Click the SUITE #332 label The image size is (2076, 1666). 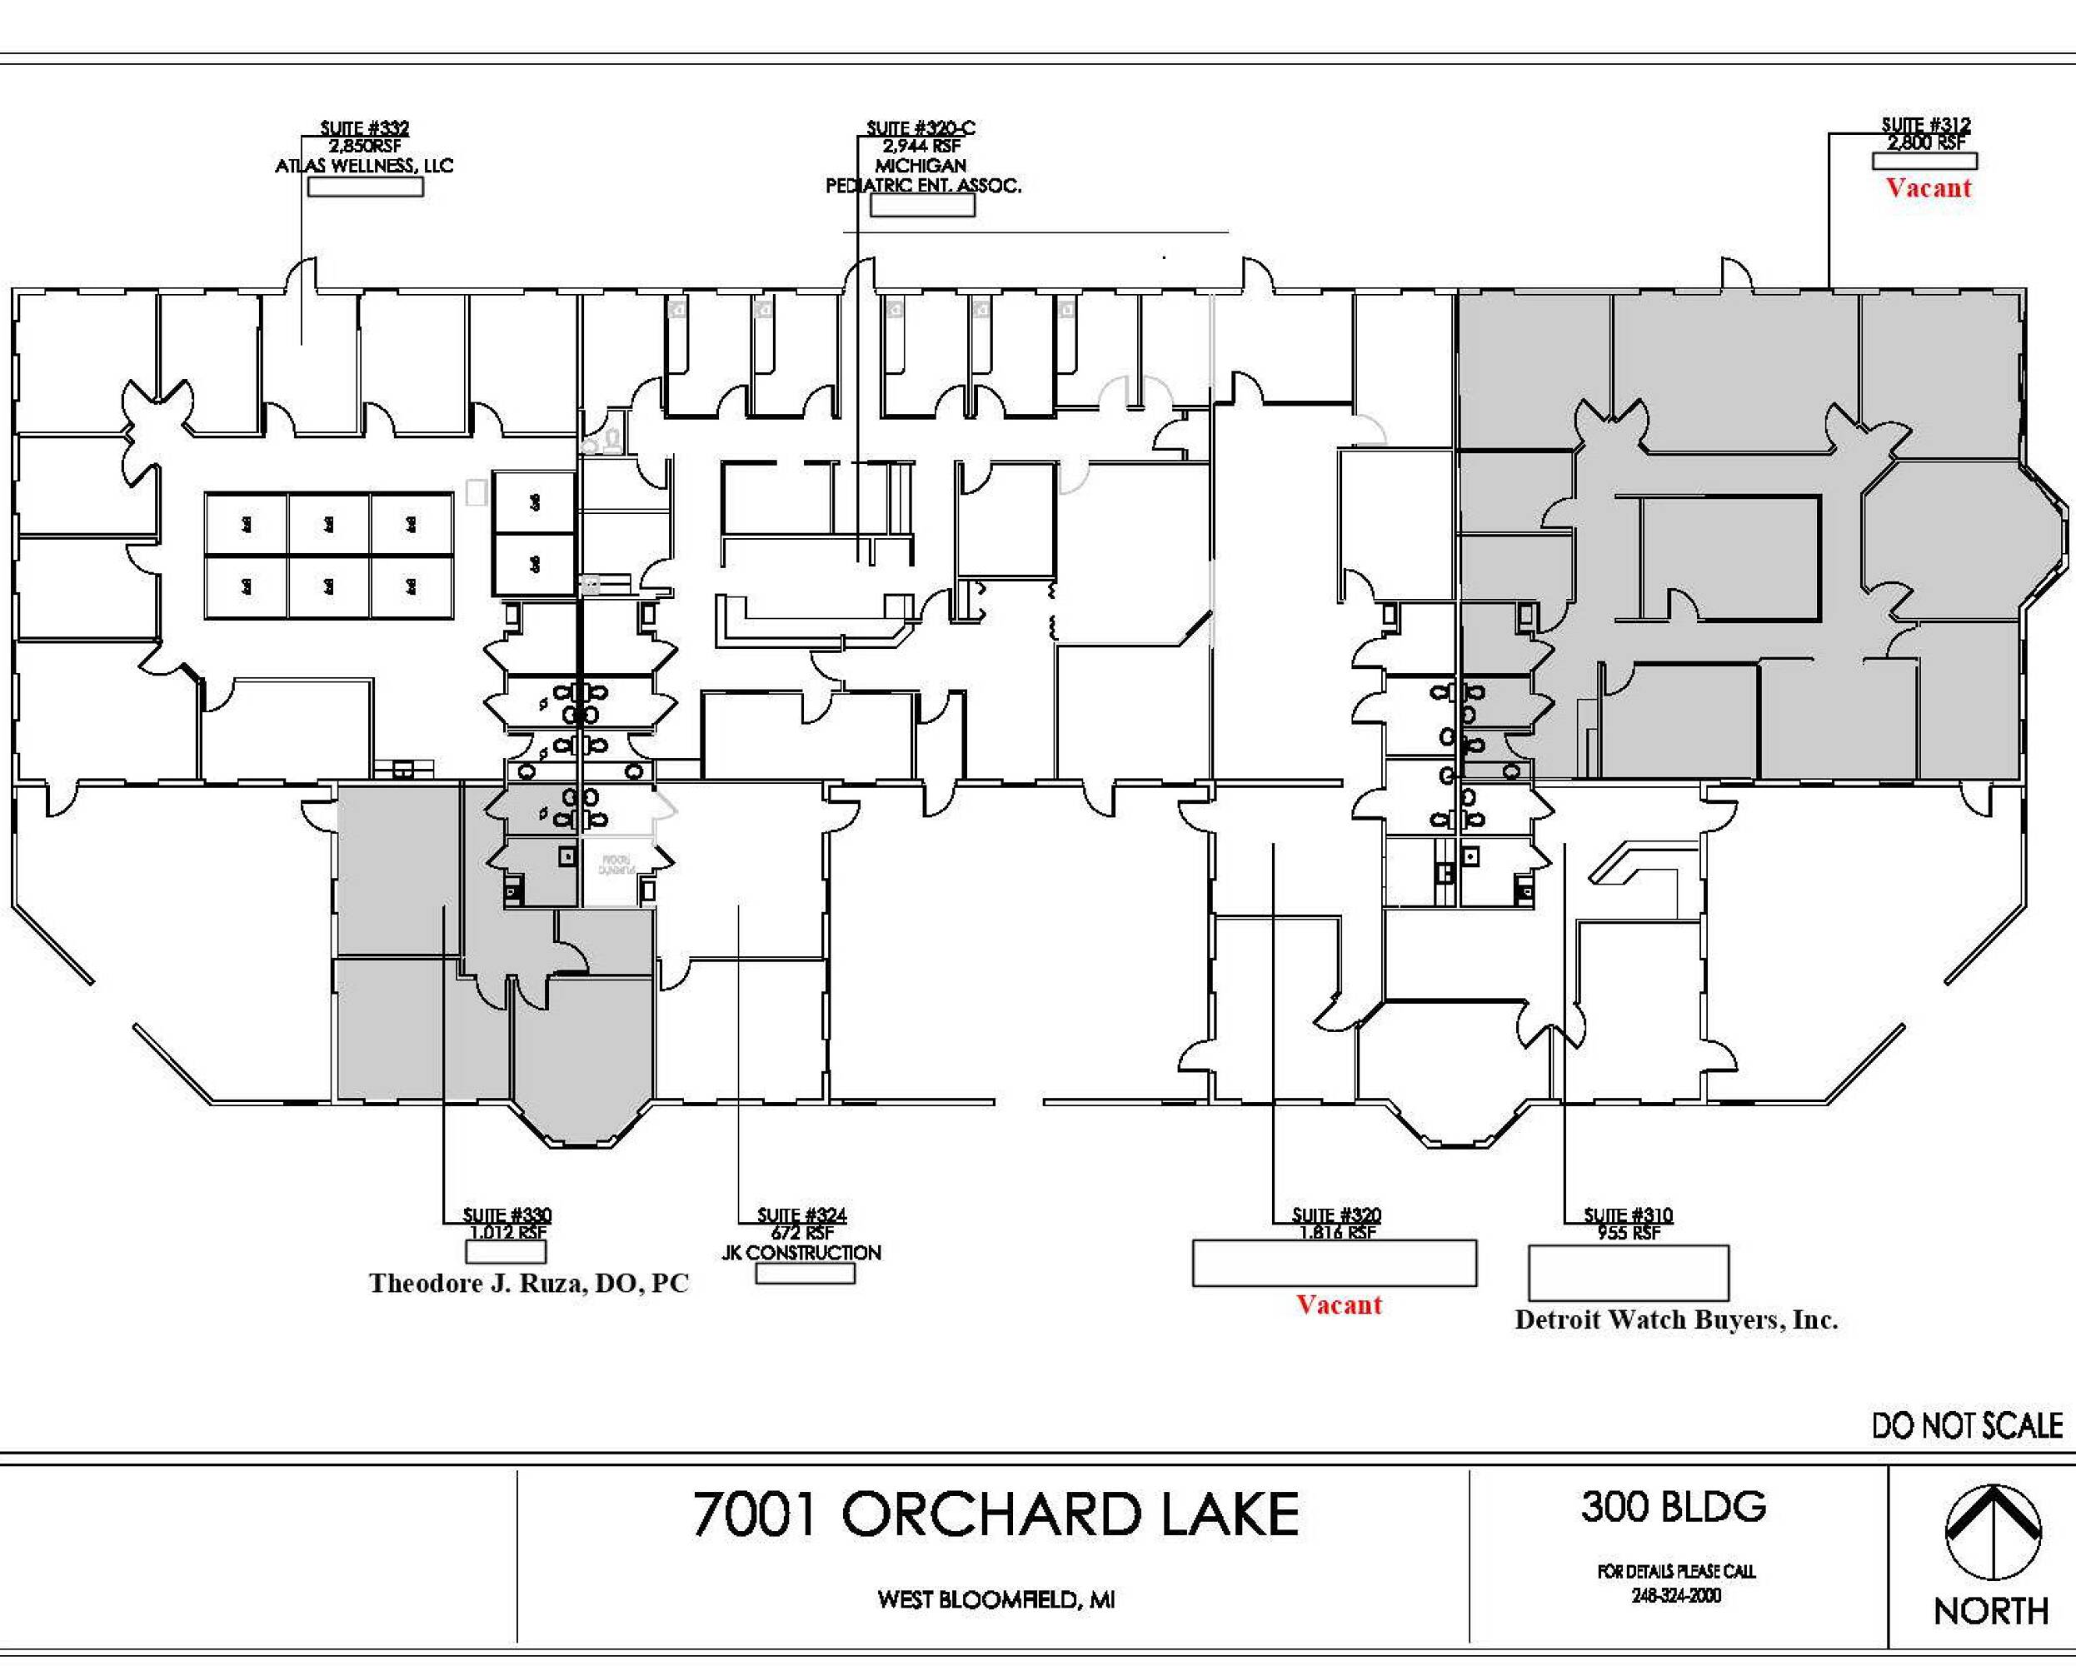pyautogui.click(x=364, y=128)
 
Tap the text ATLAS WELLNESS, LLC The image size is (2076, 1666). pyautogui.click(x=364, y=166)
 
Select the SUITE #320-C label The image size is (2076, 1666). pyautogui.click(x=921, y=128)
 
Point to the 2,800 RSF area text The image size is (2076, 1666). pyautogui.click(x=1926, y=143)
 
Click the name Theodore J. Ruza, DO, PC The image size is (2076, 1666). pyautogui.click(x=529, y=1284)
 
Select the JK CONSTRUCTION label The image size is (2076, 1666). pyautogui.click(x=801, y=1253)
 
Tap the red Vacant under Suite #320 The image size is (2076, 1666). pyautogui.click(x=1339, y=1304)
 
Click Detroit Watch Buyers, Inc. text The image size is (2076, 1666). pyautogui.click(x=1675, y=1320)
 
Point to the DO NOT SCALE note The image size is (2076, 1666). pyautogui.click(x=1966, y=1425)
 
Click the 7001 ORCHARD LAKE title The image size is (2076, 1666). pyautogui.click(x=996, y=1514)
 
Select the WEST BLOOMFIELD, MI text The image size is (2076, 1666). pyautogui.click(x=996, y=1599)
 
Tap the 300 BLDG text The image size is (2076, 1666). pyautogui.click(x=1674, y=1507)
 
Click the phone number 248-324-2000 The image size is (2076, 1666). pyautogui.click(x=1675, y=1596)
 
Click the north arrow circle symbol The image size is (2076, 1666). pyautogui.click(x=1992, y=1531)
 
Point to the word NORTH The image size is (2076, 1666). pyautogui.click(x=1990, y=1611)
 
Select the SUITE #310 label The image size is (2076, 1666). pyautogui.click(x=1629, y=1215)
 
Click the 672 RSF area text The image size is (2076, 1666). pyautogui.click(x=801, y=1233)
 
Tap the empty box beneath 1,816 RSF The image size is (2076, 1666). pyautogui.click(x=1334, y=1264)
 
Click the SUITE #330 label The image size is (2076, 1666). pyautogui.click(x=507, y=1215)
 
